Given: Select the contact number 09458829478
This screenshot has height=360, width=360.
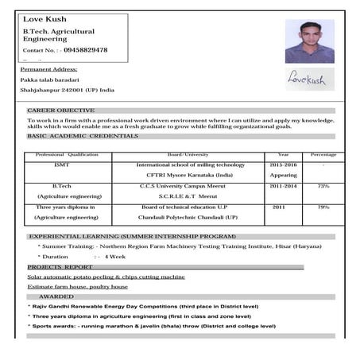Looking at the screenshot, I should (x=84, y=50).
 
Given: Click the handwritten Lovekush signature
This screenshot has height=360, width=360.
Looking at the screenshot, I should (x=308, y=79).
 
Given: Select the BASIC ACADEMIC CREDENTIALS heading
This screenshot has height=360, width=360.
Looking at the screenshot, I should (x=83, y=136).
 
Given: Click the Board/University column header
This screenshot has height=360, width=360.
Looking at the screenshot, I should (x=188, y=154).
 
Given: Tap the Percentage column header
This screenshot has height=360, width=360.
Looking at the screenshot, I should (x=323, y=154).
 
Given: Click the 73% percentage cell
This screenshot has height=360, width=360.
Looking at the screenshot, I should (x=323, y=186).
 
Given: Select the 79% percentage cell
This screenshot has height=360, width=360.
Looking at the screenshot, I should (x=323, y=207).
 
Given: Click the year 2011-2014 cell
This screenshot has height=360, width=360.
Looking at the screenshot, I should (x=284, y=186).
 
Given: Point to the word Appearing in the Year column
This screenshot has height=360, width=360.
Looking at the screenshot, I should (x=284, y=174).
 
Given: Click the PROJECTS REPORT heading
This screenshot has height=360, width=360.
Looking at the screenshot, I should (x=60, y=267).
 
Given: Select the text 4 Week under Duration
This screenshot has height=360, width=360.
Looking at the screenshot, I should (x=115, y=257).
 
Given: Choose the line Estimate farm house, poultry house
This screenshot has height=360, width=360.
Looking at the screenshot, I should (x=78, y=286).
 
